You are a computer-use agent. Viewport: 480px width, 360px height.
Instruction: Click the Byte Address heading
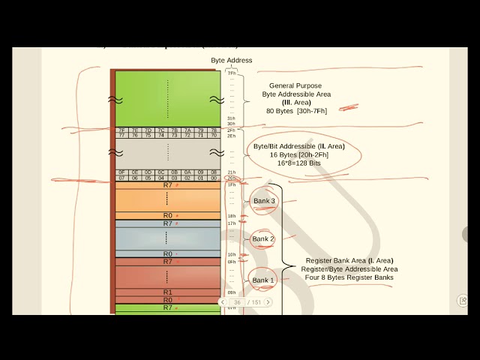coord(231,61)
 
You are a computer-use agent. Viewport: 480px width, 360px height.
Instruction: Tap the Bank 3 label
coord(264,201)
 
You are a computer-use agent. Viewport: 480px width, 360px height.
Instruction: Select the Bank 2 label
coord(262,238)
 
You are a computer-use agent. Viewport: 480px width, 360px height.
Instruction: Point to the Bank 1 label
coord(262,280)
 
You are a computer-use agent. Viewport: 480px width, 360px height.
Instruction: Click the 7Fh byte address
coord(232,73)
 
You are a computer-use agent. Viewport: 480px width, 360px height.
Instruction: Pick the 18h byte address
coord(232,216)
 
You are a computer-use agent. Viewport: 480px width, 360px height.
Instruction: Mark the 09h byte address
coord(232,292)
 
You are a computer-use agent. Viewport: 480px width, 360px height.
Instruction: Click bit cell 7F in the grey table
coord(121,130)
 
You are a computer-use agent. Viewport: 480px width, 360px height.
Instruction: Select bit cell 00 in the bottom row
coord(214,178)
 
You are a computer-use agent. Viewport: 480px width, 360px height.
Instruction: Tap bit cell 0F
coord(121,172)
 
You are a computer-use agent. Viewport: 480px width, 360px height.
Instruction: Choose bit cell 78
coord(214,130)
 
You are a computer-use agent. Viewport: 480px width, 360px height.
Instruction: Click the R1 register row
coord(168,292)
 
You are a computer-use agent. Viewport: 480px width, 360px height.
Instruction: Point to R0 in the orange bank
coord(168,216)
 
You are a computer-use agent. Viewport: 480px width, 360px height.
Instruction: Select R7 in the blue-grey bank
coord(168,223)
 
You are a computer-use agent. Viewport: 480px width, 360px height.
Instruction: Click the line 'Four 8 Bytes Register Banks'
coord(349,277)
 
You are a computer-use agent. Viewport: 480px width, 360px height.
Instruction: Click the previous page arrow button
coord(223,302)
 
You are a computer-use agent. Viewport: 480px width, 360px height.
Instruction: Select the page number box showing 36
coord(238,302)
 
